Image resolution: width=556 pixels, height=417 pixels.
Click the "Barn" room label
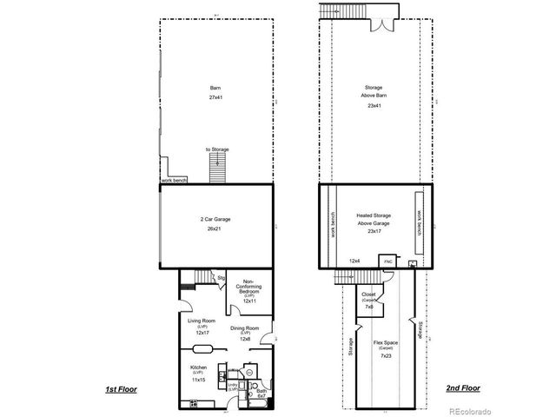pyautogui.click(x=215, y=88)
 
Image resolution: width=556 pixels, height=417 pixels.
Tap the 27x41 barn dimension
pyautogui.click(x=215, y=97)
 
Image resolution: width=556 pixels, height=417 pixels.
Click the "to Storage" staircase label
pyautogui.click(x=218, y=149)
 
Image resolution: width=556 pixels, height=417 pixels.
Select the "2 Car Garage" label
pyautogui.click(x=215, y=219)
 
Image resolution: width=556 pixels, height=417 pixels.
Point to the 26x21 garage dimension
pyautogui.click(x=215, y=229)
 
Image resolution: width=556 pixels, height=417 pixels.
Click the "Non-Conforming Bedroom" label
pyautogui.click(x=248, y=286)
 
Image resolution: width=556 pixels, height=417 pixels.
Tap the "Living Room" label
pyautogui.click(x=202, y=320)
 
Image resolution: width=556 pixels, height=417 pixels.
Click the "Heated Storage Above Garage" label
pyautogui.click(x=374, y=219)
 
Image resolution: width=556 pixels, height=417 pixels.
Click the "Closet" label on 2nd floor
pyautogui.click(x=368, y=295)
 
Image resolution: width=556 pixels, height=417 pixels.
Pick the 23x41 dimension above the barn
pyautogui.click(x=374, y=105)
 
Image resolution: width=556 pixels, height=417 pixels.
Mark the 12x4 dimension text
pyautogui.click(x=354, y=260)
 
